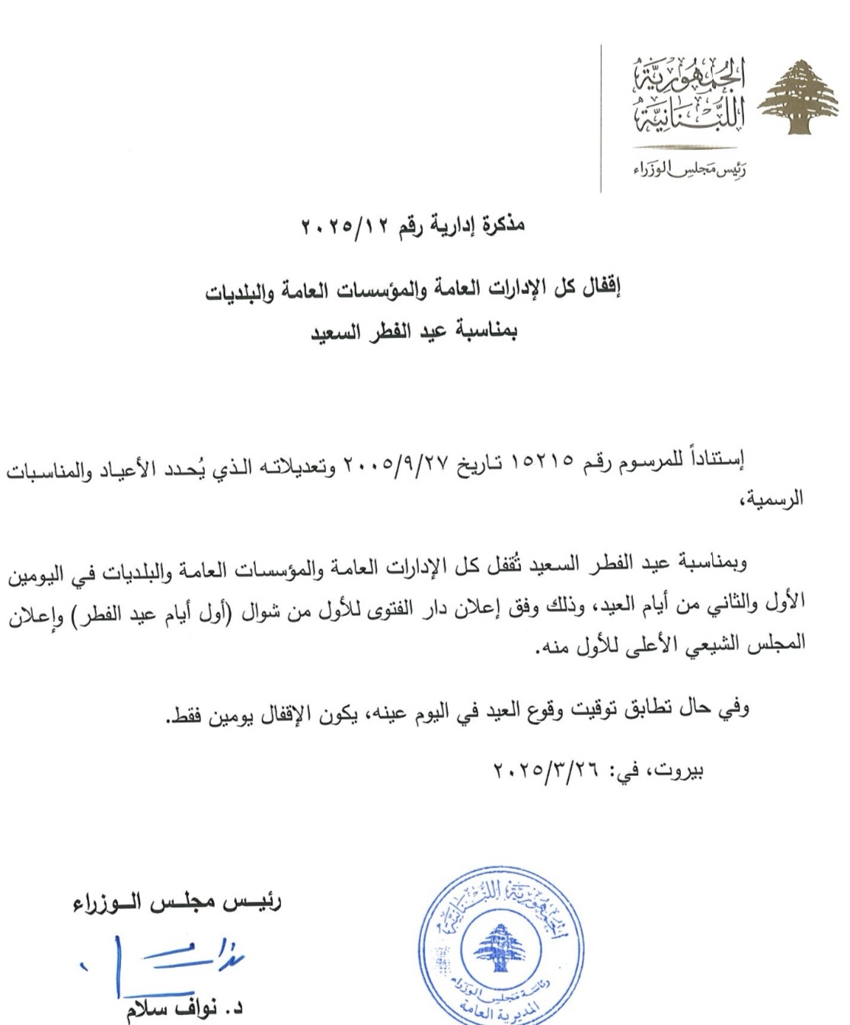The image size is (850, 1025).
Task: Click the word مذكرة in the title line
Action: pos(500,226)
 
